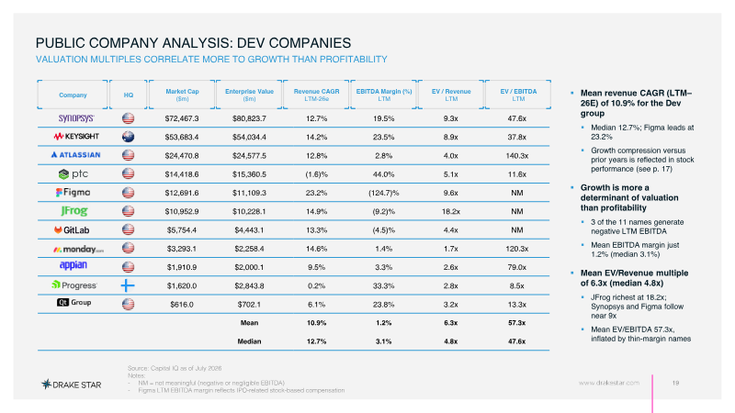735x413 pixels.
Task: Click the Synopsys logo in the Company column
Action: (x=76, y=118)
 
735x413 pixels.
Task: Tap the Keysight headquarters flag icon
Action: (x=128, y=137)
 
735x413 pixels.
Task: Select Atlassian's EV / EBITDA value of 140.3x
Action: (x=517, y=155)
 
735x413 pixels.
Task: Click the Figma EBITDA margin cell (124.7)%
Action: (x=383, y=193)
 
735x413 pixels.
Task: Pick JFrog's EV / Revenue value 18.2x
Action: (x=451, y=212)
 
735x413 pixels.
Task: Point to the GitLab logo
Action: (x=72, y=230)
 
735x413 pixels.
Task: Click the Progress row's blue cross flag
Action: (x=128, y=285)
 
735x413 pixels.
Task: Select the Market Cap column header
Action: (x=182, y=95)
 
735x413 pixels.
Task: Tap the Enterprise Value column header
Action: (x=249, y=95)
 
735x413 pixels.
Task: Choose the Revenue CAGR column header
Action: (x=316, y=95)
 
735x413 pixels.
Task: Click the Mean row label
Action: (x=249, y=323)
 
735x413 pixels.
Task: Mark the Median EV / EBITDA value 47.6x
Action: (x=517, y=341)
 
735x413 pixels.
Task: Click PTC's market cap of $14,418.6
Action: (x=182, y=174)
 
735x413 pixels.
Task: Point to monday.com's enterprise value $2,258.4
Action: (x=249, y=249)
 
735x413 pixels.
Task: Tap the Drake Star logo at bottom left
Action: (x=72, y=385)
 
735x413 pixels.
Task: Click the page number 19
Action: (x=675, y=383)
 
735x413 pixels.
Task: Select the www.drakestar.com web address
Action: (x=609, y=383)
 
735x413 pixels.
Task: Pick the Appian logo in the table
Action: (x=73, y=265)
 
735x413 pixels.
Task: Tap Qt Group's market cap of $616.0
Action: (x=182, y=305)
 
